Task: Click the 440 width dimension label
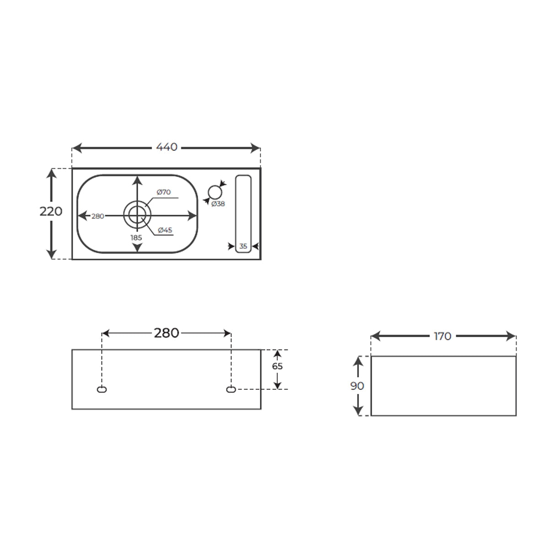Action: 167,147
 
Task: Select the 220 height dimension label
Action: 51,211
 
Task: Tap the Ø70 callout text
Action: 164,192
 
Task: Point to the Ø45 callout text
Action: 165,230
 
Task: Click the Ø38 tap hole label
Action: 218,204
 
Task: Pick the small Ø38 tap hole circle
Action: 215,193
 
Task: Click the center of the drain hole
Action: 137,215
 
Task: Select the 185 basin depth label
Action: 136,237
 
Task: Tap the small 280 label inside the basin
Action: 98,216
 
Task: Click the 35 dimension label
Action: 243,246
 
